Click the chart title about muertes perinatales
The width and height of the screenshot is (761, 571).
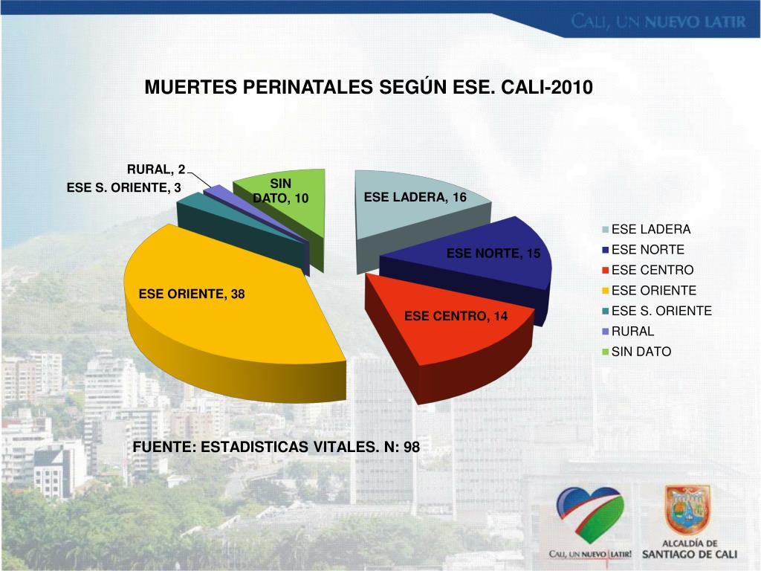point(369,88)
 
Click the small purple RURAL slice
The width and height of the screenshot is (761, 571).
point(216,190)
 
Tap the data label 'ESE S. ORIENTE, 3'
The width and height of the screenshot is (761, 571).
point(124,188)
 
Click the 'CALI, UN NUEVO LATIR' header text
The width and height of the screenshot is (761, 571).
point(658,22)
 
